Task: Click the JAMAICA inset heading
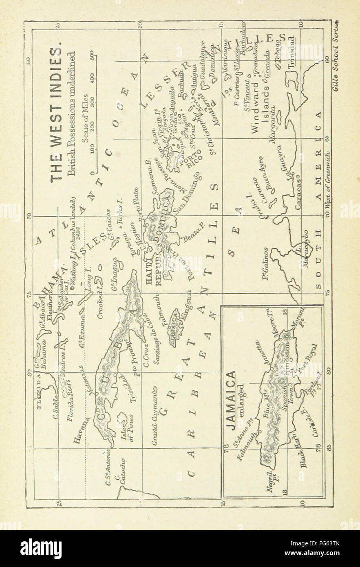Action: click(231, 400)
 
